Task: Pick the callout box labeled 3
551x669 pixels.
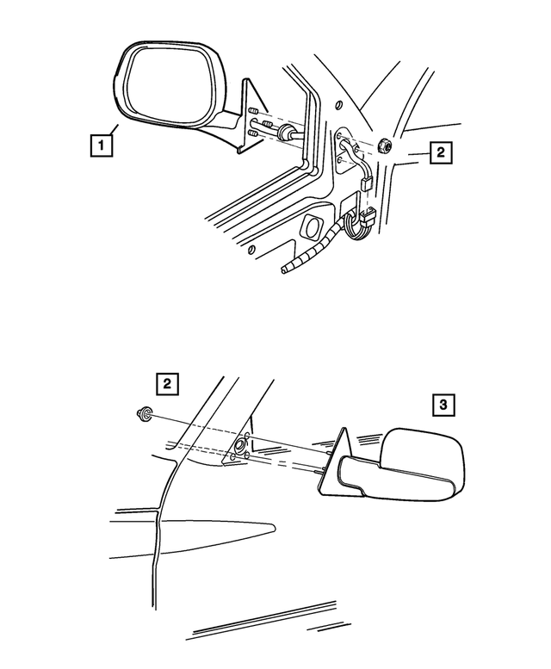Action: point(442,405)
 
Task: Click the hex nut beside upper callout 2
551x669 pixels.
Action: point(386,146)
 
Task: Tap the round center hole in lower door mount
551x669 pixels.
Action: point(239,447)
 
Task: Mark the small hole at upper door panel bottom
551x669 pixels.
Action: point(251,250)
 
